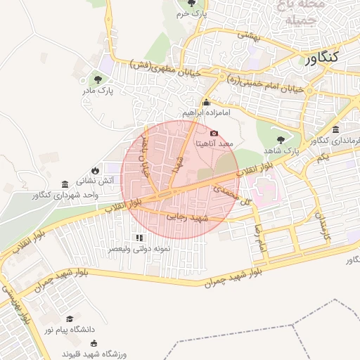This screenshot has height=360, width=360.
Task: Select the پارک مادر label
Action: click(96, 90)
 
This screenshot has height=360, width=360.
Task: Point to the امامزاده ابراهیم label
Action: click(206, 112)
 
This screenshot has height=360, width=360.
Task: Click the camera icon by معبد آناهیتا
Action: click(214, 133)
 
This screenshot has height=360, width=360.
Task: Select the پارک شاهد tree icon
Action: click(281, 139)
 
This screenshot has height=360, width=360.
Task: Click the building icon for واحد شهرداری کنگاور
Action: click(65, 183)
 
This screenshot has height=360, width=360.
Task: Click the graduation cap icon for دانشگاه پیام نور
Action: click(70, 318)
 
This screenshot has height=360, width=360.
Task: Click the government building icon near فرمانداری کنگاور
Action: click(335, 130)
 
